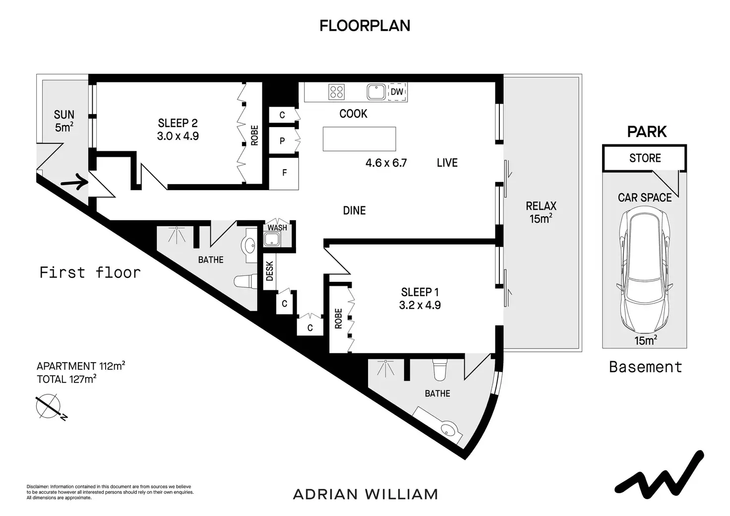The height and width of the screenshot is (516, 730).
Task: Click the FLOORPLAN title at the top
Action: tap(365, 26)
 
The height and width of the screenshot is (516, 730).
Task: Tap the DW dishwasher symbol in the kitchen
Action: tap(397, 92)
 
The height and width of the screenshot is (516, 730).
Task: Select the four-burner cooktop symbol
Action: tap(336, 92)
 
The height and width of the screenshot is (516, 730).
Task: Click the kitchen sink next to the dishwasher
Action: tap(376, 92)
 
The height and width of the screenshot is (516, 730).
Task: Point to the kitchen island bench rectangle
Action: tap(360, 139)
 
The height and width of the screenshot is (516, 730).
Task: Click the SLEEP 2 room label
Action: tap(178, 123)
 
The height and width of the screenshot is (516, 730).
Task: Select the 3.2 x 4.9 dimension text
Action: tap(420, 305)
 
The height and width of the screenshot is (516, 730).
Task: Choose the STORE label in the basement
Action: tap(645, 158)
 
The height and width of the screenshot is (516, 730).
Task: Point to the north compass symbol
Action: tap(50, 406)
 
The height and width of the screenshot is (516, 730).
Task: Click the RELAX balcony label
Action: tap(541, 206)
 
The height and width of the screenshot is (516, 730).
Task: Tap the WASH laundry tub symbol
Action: tap(272, 239)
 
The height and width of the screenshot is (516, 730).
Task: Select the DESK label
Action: tap(269, 271)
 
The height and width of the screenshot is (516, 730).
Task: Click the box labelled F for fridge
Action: tap(284, 174)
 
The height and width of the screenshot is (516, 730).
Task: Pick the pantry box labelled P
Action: tap(282, 141)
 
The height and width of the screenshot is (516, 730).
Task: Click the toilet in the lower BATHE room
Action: tap(439, 370)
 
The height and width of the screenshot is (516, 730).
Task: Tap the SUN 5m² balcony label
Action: tap(64, 121)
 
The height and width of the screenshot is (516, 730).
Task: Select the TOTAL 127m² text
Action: tap(66, 379)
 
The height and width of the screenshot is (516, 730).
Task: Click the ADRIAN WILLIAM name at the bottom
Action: tap(365, 494)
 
